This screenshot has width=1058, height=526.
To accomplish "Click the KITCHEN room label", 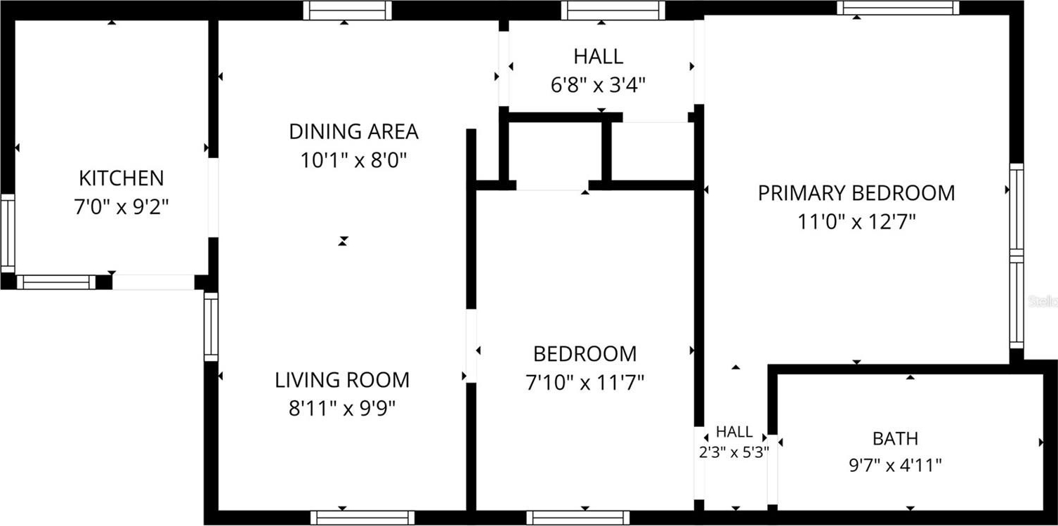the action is pos(122,178).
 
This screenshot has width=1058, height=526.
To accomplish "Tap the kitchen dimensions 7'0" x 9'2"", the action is pos(122,206).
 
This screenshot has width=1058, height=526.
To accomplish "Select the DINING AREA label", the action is pos(354,132).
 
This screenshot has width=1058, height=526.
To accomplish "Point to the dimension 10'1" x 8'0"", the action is pos(354,160).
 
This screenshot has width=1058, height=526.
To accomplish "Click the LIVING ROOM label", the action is pos(342,380).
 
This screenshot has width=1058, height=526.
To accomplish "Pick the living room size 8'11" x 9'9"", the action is pos(342,409).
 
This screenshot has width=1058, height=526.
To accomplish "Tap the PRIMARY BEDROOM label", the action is pos(856,193).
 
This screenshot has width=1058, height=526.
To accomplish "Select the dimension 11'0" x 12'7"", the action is pos(856,221).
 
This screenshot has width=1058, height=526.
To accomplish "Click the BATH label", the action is pos(896,439).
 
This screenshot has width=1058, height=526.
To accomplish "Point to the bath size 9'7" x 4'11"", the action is pos(896,466).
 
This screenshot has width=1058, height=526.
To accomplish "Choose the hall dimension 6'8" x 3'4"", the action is pos(598,86).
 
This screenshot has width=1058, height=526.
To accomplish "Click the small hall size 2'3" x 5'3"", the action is pos(734,452).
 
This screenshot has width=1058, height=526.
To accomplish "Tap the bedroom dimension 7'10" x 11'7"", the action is pos(584,383).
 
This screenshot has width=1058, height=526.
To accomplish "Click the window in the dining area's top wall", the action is pos(347,11).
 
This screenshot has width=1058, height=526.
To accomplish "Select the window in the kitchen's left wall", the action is pos(8,233).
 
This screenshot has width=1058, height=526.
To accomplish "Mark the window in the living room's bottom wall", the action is pos(363,518).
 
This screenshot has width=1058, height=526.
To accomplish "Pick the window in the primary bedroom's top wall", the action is pos(898,8).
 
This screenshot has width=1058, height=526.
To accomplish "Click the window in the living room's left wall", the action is pos(211,327).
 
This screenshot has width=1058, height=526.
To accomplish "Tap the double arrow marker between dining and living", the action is pos(343,242).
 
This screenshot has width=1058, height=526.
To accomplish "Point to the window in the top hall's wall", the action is pos(613,11).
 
